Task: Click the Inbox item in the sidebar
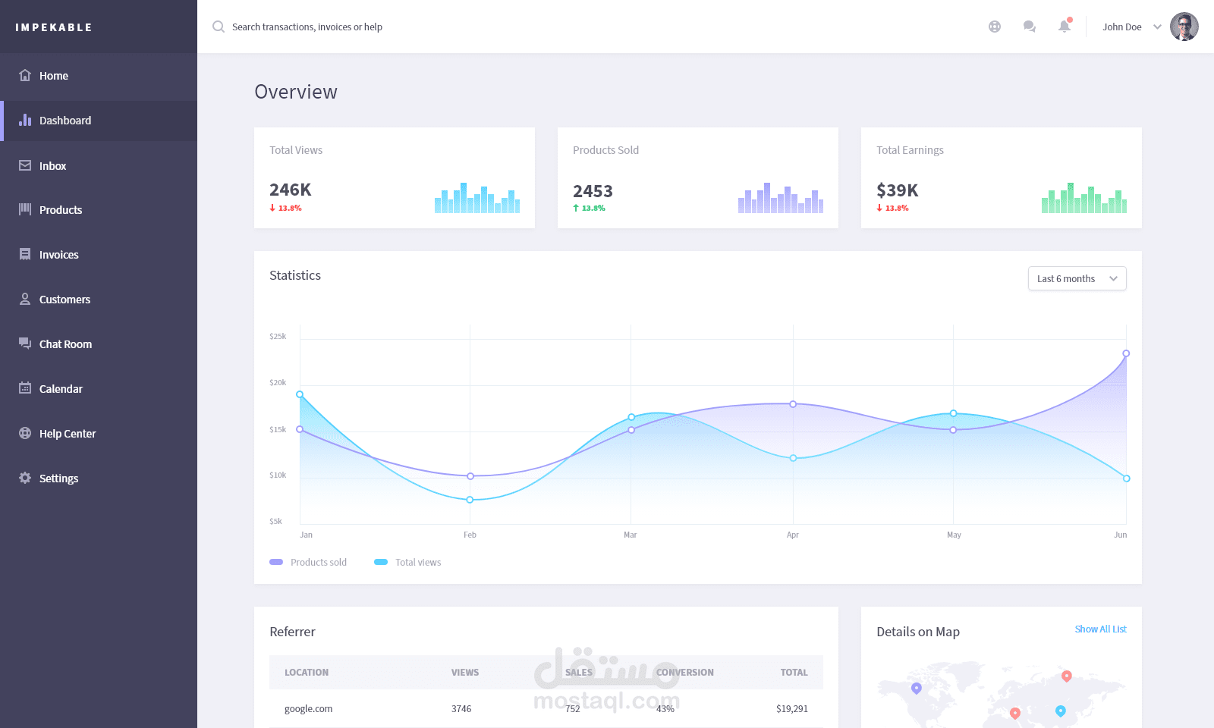pos(52,166)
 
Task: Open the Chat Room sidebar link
pos(65,344)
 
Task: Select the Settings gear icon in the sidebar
pos(25,478)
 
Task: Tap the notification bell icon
pos(1065,27)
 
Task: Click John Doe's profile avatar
pos(1184,27)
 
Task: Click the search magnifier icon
pos(219,27)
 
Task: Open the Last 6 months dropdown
pos(1077,278)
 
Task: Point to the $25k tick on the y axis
pos(278,336)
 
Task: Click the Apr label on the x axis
pos(793,535)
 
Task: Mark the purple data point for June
pos(1126,353)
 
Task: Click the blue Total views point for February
pos(470,500)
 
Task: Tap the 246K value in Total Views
pos(291,190)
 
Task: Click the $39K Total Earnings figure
pos(898,190)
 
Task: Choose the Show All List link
pos(1100,629)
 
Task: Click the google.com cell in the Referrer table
pos(308,709)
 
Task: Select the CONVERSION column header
pos(684,673)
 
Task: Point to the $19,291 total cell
pos(791,709)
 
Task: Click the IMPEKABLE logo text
pos(54,27)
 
